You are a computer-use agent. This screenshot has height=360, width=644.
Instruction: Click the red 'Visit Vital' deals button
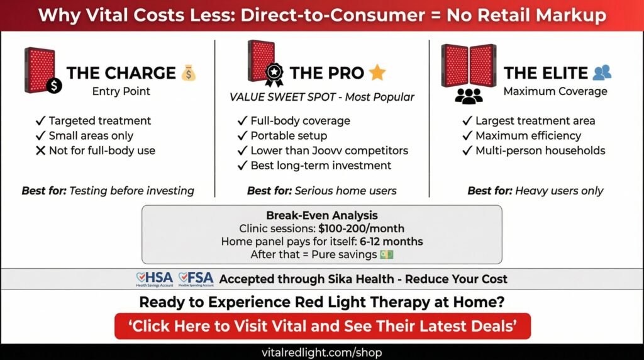[322, 327]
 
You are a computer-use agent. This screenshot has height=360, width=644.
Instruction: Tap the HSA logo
[154, 279]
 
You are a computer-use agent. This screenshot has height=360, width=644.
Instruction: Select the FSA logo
[196, 279]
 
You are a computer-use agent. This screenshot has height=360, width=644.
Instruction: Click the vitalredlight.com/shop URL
[322, 352]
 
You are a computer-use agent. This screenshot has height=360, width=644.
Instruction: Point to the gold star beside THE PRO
[377, 73]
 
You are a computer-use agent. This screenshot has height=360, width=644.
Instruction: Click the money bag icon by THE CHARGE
[189, 73]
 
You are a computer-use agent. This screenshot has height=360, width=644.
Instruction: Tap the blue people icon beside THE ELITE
[602, 73]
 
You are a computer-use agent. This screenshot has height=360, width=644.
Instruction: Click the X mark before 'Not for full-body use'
[40, 151]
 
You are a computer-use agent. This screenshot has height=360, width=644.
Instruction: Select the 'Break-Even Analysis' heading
[321, 215]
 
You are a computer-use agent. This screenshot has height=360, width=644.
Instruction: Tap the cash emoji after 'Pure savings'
[386, 254]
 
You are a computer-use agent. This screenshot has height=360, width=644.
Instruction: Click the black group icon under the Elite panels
[469, 95]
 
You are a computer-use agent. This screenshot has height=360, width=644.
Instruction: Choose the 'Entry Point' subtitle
[121, 92]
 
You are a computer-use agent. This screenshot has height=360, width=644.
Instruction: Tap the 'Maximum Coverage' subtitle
[555, 92]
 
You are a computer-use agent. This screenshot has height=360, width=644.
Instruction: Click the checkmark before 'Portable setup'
[242, 135]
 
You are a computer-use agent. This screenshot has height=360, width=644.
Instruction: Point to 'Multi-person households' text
[540, 150]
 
